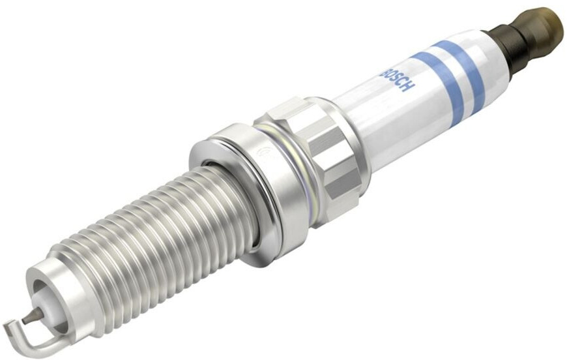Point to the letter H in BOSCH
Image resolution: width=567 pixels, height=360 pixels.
(x=407, y=87)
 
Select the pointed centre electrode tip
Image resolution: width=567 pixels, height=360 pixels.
(x=25, y=320)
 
